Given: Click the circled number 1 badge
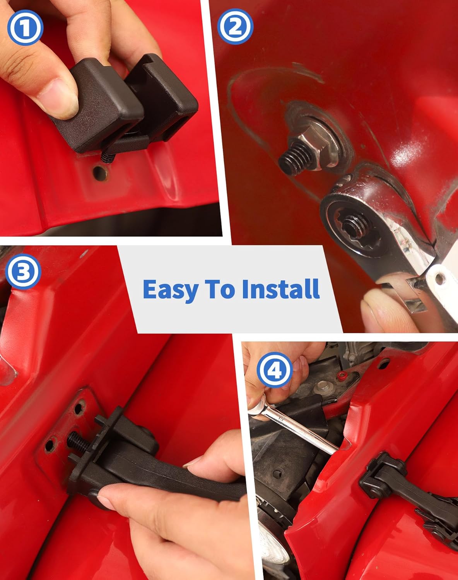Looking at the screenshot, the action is coord(26,27).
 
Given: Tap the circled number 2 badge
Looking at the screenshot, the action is coord(235,26).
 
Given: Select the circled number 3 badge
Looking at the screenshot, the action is coord(23,271).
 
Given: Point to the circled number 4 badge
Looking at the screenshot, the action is coord(275,370).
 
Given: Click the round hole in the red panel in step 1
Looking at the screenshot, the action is coord(99,173).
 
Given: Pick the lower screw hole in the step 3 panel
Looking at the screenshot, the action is coord(50,444).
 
